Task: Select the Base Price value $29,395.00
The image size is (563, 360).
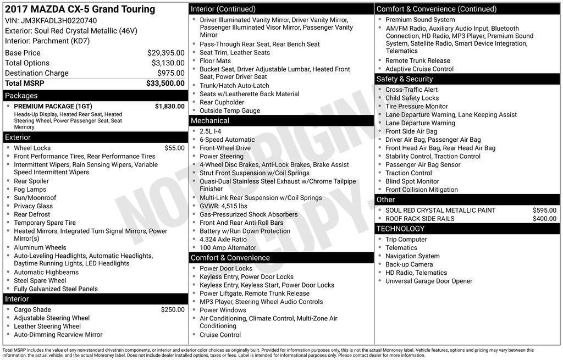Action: click(x=165, y=53)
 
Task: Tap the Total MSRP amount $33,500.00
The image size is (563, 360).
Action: click(x=165, y=84)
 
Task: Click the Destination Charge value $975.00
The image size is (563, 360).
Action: click(x=171, y=73)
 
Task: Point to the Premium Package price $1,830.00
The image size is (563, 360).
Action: click(x=169, y=106)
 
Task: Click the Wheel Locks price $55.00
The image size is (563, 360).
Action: click(x=174, y=148)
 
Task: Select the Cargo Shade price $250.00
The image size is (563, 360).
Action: click(x=173, y=309)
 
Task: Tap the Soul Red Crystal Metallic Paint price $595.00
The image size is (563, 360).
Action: click(x=544, y=210)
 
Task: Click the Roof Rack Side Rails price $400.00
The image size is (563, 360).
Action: click(x=544, y=219)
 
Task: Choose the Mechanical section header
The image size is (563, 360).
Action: click(x=210, y=120)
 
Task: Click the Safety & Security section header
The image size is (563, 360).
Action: click(x=404, y=79)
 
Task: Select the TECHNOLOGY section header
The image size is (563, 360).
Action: click(x=400, y=229)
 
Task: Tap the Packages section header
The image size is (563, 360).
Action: click(x=21, y=96)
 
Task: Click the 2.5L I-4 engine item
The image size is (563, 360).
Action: click(x=211, y=131)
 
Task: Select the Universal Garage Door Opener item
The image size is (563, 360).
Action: click(x=428, y=281)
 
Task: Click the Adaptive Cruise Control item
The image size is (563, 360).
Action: click(x=420, y=69)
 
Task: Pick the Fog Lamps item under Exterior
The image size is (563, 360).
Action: click(x=30, y=190)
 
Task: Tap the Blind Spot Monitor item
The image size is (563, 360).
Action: click(x=412, y=181)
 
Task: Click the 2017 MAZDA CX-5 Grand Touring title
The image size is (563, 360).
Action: click(x=80, y=9)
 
